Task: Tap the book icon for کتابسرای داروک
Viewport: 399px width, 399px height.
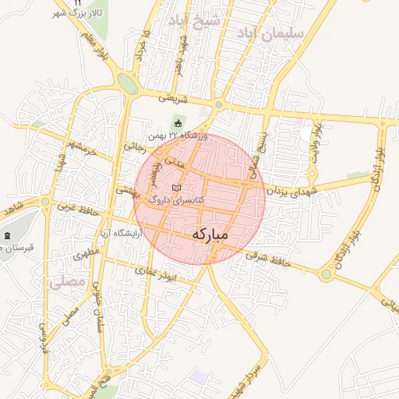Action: tap(176, 189)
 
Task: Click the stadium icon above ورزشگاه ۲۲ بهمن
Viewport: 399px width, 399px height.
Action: tap(178, 123)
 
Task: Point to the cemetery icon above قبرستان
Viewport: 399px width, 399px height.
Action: tap(8, 235)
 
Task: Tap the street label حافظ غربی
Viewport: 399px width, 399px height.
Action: tap(76, 209)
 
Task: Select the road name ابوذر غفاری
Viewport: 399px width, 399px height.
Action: tap(156, 274)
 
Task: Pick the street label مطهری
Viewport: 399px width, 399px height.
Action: tap(84, 255)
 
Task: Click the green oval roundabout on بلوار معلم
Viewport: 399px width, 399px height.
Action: tap(128, 84)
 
